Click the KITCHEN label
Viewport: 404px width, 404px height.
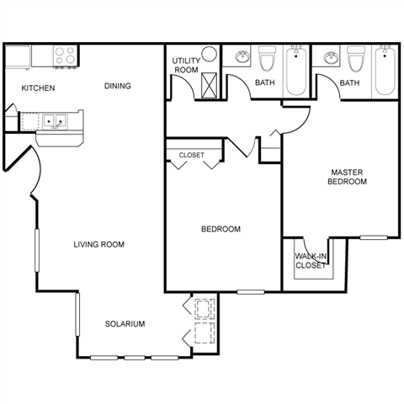pyautogui.click(x=38, y=88)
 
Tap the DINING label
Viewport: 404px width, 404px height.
pyautogui.click(x=118, y=86)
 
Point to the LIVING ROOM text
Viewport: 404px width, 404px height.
pyautogui.click(x=99, y=245)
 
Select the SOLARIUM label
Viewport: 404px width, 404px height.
pyautogui.click(x=125, y=324)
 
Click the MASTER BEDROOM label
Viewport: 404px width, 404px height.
pyautogui.click(x=347, y=177)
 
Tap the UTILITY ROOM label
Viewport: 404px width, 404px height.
pyautogui.click(x=186, y=66)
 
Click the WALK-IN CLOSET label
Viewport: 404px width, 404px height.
pyautogui.click(x=311, y=261)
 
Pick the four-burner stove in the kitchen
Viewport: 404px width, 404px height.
pyautogui.click(x=65, y=56)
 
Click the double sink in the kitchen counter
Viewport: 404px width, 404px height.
pyautogui.click(x=55, y=121)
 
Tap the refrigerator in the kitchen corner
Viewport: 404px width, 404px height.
pyautogui.click(x=18, y=57)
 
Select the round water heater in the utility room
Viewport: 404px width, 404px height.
pyautogui.click(x=210, y=54)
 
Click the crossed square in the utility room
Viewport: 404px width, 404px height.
pyautogui.click(x=209, y=85)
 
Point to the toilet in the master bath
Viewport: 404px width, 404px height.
pyautogui.click(x=356, y=59)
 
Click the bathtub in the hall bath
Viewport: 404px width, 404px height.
pyautogui.click(x=296, y=72)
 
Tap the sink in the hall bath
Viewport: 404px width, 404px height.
pyautogui.click(x=242, y=57)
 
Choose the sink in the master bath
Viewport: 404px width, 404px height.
pyautogui.click(x=331, y=57)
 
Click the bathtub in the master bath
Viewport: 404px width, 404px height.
pyautogui.click(x=385, y=71)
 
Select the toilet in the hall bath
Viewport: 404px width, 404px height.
pyautogui.click(x=268, y=59)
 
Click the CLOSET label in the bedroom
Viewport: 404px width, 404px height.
pyautogui.click(x=192, y=155)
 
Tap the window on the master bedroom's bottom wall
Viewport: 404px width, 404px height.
pyautogui.click(x=374, y=237)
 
